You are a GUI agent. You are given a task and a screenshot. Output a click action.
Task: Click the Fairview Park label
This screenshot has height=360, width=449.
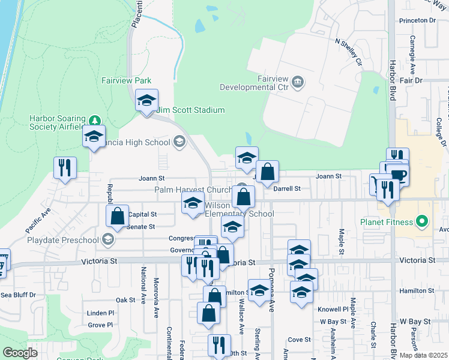[x=126, y=80]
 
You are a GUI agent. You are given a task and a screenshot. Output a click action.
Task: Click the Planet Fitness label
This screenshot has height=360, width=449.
[x=387, y=222]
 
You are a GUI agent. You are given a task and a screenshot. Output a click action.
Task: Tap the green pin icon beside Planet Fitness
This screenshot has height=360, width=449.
[x=421, y=222]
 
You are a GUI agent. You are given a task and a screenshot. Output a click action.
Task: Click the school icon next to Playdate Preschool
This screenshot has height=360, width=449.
[x=107, y=241]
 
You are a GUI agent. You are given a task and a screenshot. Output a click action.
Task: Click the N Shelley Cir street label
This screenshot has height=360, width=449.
[x=348, y=52]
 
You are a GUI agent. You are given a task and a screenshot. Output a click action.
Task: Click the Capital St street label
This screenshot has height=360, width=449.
[x=142, y=214]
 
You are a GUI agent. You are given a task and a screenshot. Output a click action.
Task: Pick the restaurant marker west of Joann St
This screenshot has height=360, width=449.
[x=65, y=168]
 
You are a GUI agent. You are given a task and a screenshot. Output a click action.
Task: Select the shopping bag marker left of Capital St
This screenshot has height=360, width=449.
[x=118, y=217]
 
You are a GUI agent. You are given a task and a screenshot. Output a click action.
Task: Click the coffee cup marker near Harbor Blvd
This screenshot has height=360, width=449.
[x=398, y=175]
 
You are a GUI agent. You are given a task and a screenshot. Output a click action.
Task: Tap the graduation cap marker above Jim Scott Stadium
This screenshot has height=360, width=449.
[x=146, y=100]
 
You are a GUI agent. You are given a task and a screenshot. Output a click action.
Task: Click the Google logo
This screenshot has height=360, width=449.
[x=20, y=353]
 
